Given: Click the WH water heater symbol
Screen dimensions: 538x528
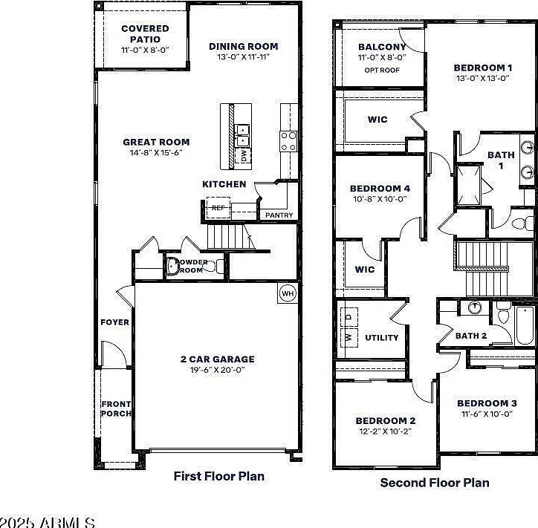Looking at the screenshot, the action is [x=288, y=293].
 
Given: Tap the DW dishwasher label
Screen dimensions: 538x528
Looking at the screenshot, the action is [x=244, y=156].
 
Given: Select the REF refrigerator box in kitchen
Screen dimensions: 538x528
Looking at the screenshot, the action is [x=218, y=208].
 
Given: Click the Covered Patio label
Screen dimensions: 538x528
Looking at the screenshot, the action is [x=145, y=33].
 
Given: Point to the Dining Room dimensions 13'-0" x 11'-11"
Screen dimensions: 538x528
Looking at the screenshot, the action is [x=244, y=57].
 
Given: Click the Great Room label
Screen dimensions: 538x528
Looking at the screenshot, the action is [x=156, y=142].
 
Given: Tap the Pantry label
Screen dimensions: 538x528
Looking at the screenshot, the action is [x=279, y=215].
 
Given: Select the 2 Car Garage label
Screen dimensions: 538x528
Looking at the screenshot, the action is [x=218, y=359].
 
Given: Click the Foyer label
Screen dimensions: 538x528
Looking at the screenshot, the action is [x=114, y=322].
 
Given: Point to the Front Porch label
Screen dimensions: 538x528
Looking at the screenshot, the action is [x=116, y=408].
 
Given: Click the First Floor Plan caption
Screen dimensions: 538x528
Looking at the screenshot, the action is [x=219, y=476].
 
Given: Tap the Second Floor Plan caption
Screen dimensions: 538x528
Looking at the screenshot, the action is [x=435, y=483].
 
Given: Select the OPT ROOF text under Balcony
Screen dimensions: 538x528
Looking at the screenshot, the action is [x=382, y=71].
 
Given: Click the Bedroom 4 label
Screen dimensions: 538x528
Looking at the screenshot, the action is [x=380, y=188].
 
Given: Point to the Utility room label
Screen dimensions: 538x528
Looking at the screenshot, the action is [x=381, y=338].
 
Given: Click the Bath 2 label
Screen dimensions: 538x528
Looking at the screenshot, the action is [x=471, y=336].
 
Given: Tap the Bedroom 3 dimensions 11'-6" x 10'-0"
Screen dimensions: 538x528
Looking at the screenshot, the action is [x=487, y=414].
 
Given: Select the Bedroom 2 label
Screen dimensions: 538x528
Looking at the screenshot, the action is [x=386, y=420].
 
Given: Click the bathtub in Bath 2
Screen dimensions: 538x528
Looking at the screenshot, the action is [x=525, y=325].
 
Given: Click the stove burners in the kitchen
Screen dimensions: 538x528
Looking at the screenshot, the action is [x=288, y=141].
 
